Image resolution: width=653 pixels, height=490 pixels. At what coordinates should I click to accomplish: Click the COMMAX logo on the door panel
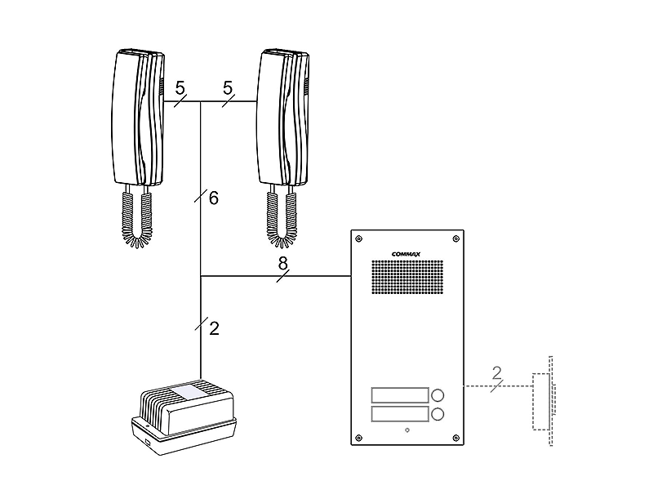pyautogui.click(x=406, y=253)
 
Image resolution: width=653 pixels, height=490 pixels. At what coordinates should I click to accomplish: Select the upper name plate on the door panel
pyautogui.click(x=399, y=394)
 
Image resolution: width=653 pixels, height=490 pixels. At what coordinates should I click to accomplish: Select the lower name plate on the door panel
pyautogui.click(x=399, y=415)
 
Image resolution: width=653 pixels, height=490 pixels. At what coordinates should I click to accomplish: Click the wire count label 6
pyautogui.click(x=213, y=198)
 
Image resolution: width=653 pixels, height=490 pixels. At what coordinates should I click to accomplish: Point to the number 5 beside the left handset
pyautogui.click(x=180, y=87)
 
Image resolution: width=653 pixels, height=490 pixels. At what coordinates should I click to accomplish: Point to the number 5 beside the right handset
pyautogui.click(x=228, y=87)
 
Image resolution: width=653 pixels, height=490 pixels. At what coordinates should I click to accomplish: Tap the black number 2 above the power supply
pyautogui.click(x=214, y=328)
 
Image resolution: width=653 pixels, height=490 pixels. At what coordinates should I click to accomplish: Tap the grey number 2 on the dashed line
pyautogui.click(x=496, y=374)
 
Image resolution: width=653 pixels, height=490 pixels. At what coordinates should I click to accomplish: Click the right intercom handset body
pyautogui.click(x=282, y=118)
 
